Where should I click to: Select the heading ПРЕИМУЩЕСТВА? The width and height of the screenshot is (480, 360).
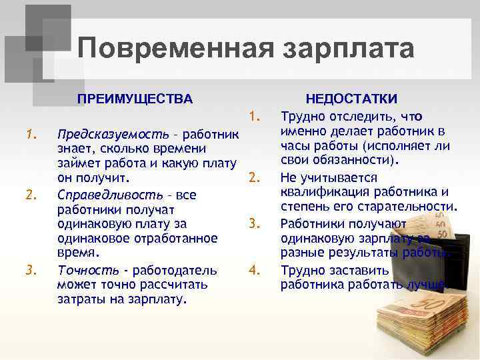pos(135,99)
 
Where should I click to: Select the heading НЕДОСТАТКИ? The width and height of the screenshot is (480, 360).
pos(351,99)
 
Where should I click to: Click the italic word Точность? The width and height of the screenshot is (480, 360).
pos(86,270)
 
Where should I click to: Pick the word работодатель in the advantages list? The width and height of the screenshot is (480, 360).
pos(176,270)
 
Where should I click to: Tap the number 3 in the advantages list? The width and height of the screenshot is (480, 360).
pos(29,270)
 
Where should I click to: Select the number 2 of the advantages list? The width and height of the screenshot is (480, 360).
pos(29,195)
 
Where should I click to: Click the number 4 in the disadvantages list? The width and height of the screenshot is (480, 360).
pos(253,270)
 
